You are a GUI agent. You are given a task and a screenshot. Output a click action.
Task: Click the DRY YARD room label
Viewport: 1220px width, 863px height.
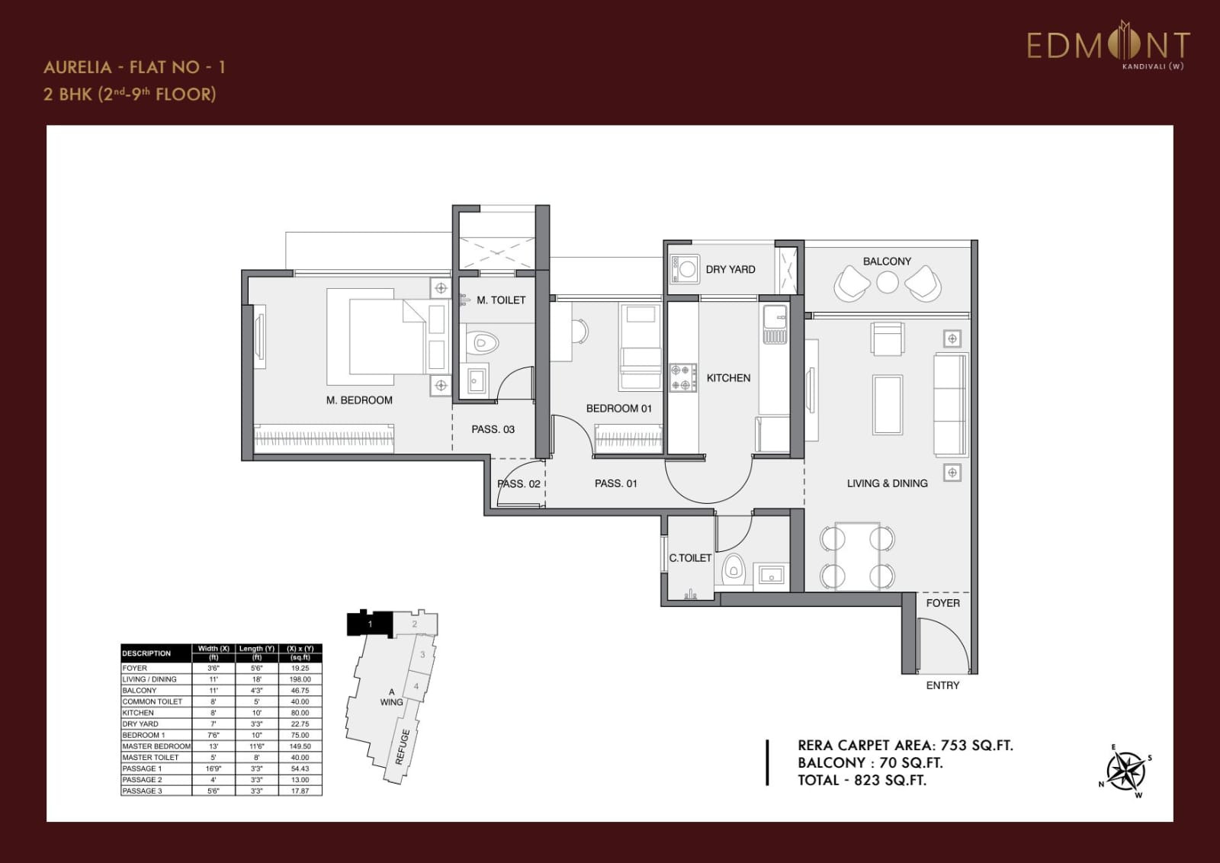(730, 269)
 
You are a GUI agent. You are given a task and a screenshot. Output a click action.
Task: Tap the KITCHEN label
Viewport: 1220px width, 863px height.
(728, 377)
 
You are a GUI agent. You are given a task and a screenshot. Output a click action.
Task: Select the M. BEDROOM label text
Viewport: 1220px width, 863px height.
(359, 399)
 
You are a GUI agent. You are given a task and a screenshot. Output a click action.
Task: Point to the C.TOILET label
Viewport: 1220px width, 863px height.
(690, 558)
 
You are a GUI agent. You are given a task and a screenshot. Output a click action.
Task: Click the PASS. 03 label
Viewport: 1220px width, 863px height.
(493, 429)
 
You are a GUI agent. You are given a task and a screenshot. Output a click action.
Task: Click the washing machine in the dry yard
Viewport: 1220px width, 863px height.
(685, 268)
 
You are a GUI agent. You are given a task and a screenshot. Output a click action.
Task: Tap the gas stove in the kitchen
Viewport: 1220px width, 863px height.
(682, 377)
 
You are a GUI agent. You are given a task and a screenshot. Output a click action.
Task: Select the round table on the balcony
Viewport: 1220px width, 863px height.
(887, 283)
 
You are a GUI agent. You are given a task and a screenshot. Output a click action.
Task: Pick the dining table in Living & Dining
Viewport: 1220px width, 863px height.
(857, 556)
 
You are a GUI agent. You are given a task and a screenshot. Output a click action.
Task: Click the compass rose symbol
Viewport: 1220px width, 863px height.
(1125, 771)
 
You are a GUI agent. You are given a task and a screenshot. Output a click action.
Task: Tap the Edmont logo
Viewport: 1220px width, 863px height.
(1107, 47)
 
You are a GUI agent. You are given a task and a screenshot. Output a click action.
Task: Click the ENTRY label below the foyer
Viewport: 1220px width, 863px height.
(942, 685)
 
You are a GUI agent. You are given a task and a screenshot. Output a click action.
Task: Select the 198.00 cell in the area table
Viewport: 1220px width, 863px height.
(300, 679)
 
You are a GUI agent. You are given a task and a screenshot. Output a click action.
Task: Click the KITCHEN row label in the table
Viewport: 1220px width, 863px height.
(138, 713)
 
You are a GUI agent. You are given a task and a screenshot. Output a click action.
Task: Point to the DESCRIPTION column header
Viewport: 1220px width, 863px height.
(146, 653)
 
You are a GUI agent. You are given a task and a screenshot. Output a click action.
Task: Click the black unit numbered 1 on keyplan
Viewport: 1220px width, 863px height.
(370, 624)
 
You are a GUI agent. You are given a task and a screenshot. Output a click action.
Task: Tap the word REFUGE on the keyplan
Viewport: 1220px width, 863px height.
(403, 746)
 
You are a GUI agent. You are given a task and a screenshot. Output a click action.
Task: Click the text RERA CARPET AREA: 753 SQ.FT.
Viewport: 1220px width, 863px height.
(905, 746)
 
